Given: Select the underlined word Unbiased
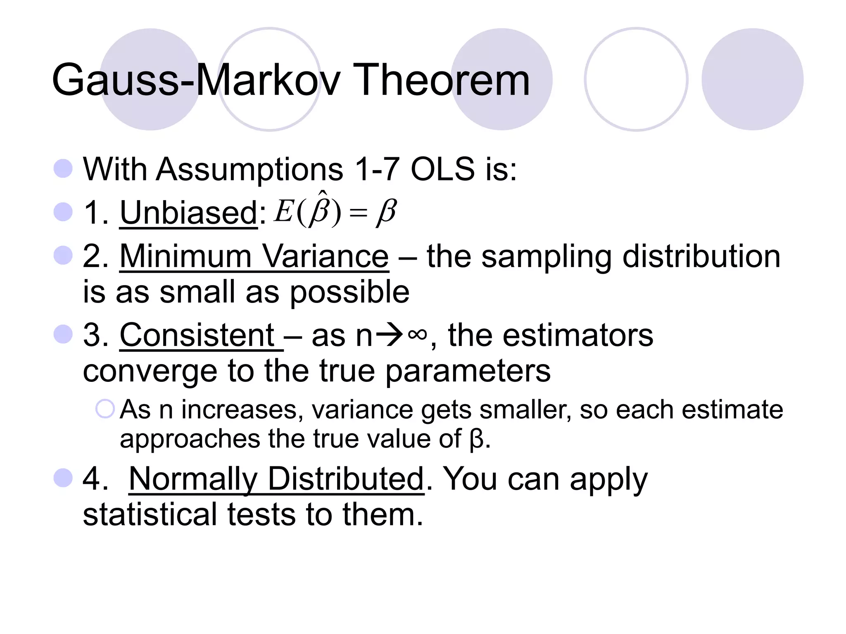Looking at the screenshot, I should (x=188, y=213).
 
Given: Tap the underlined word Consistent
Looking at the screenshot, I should (x=197, y=335).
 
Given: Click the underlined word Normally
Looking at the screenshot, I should (x=193, y=479).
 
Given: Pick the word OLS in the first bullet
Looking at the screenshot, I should (x=443, y=169).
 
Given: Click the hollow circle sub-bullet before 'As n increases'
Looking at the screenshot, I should (x=105, y=409).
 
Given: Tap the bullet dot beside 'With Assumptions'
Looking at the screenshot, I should (x=63, y=168).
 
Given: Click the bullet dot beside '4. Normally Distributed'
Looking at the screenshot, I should (x=63, y=478).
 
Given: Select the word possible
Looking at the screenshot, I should (x=349, y=292).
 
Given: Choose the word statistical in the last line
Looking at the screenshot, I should (x=150, y=515).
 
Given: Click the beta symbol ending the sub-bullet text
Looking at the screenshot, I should (x=476, y=439).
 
